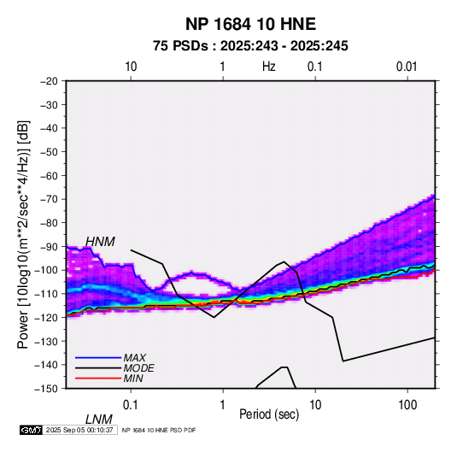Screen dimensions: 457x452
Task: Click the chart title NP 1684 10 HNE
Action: click(x=250, y=24)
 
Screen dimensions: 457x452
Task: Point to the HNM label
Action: click(x=100, y=242)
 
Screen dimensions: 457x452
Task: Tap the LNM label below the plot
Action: click(x=99, y=420)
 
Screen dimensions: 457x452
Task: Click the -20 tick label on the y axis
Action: click(x=49, y=81)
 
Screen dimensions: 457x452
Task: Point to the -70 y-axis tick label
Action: click(x=49, y=199)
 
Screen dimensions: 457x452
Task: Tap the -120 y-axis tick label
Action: click(x=46, y=318)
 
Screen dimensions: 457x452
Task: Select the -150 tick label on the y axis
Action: click(x=46, y=389)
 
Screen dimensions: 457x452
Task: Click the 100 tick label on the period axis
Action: click(x=407, y=405)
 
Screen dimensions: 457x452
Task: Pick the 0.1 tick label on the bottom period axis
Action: click(x=131, y=405)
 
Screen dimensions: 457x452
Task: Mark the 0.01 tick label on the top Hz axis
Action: click(x=407, y=67)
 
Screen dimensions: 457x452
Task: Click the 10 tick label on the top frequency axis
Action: click(x=131, y=67)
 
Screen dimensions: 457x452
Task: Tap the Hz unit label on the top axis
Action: click(x=269, y=67)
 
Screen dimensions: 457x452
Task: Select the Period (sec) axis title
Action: click(x=269, y=414)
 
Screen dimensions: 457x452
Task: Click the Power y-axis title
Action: click(x=23, y=235)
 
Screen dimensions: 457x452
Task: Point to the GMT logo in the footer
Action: click(x=32, y=430)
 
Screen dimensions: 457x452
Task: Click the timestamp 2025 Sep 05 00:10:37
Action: click(x=79, y=430)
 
